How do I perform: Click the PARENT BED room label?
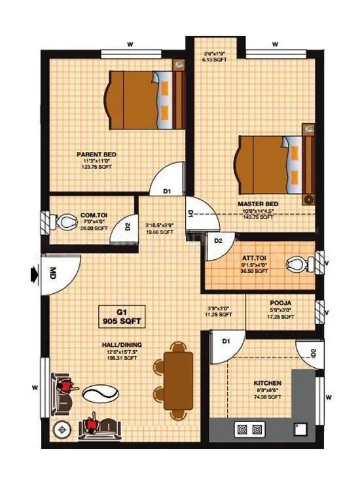point(96,154)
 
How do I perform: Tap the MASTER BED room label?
point(257,204)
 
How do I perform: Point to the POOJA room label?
point(279,303)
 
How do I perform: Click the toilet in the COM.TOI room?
point(65,223)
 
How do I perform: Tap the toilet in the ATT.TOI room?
point(297,264)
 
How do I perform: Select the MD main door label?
point(52,275)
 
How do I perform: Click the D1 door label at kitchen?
point(225,341)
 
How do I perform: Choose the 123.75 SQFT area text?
point(96,168)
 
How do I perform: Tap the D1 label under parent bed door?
point(167,192)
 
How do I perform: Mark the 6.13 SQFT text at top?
point(214,58)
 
